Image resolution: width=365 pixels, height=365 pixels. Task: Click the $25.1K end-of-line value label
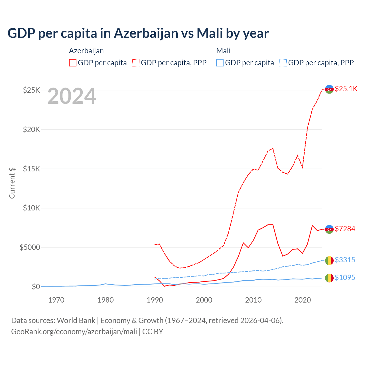pos(346,89)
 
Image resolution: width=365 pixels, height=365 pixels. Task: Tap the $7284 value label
pos(345,229)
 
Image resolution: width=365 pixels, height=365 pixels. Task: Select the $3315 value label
pos(345,260)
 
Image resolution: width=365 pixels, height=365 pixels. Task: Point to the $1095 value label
pos(345,277)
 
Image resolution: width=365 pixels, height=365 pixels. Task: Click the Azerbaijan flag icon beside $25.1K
pos(329,89)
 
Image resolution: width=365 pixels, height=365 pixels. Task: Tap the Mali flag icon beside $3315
pos(329,260)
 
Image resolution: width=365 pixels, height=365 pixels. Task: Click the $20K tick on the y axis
pos(32,129)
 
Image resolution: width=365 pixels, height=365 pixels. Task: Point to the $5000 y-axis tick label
pos(30,247)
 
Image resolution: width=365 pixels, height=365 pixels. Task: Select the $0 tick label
pos(36,287)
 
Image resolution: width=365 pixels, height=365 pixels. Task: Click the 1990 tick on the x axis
pos(155,300)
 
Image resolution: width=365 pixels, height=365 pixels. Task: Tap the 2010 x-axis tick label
pos(253,300)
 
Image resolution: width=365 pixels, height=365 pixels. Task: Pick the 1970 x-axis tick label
pos(56,300)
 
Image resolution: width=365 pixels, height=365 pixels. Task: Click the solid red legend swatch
pos(73,63)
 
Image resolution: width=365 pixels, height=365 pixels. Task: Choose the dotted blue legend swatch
pos(283,63)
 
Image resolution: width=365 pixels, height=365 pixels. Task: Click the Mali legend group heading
pos(223,51)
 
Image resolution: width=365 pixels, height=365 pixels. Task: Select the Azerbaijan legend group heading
pos(86,51)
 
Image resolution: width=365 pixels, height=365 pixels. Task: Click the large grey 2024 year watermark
pos(72,96)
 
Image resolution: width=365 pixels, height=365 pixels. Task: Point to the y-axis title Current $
pos(12,183)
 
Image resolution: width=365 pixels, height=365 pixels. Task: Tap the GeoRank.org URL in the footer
pos(74,332)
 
